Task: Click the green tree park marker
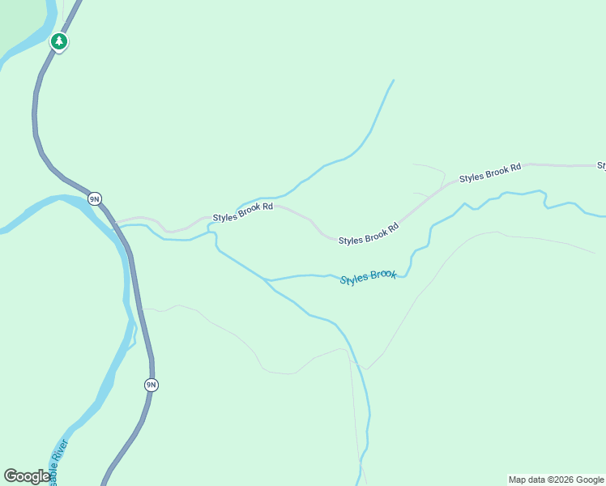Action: click(58, 40)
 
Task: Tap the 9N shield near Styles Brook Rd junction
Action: click(95, 198)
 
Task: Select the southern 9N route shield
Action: click(151, 385)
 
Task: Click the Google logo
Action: click(26, 476)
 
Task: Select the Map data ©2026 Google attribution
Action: click(556, 480)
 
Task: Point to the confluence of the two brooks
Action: click(266, 279)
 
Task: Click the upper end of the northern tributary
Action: click(393, 80)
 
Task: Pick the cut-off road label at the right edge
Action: click(602, 165)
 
